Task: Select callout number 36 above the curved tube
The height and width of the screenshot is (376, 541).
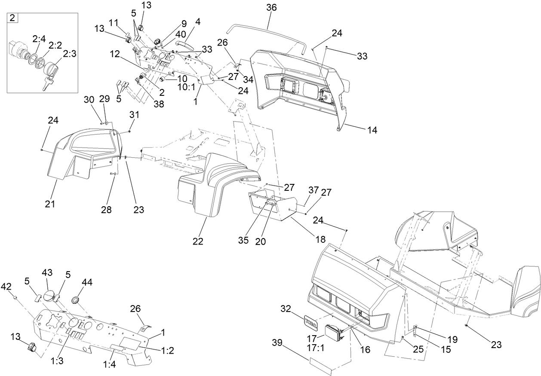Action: (x=271, y=8)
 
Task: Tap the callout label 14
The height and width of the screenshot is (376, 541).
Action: (x=372, y=130)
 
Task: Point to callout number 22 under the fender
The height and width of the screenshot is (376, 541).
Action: (x=197, y=241)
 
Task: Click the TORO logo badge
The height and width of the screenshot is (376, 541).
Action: (x=311, y=321)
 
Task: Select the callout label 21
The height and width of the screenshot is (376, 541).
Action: (x=50, y=204)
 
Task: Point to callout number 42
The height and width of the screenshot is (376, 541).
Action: (x=6, y=286)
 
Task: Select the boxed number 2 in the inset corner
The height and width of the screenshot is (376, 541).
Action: (x=12, y=18)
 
